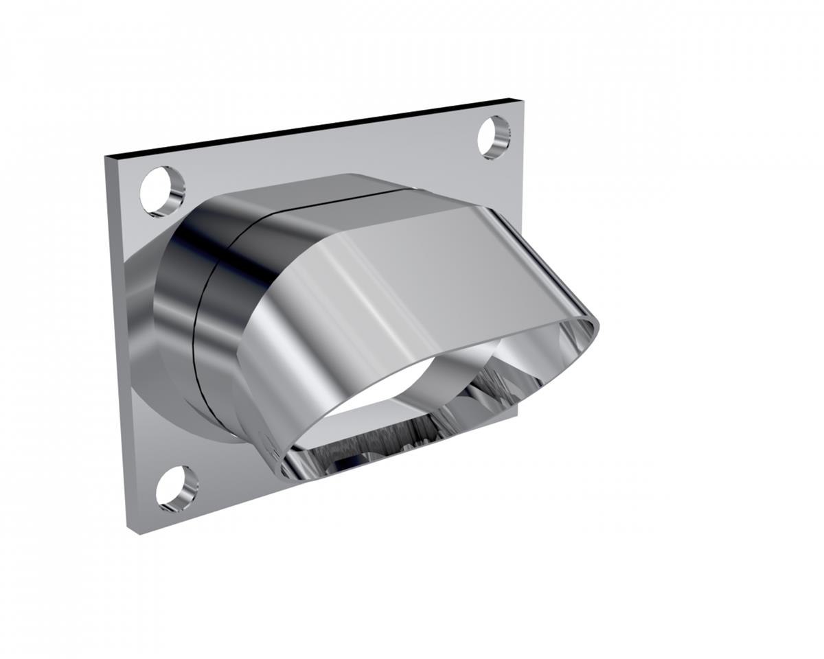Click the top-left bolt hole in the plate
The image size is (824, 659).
click(163, 192)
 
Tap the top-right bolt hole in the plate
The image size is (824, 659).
click(494, 137)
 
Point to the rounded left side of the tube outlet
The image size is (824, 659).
click(261, 384)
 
